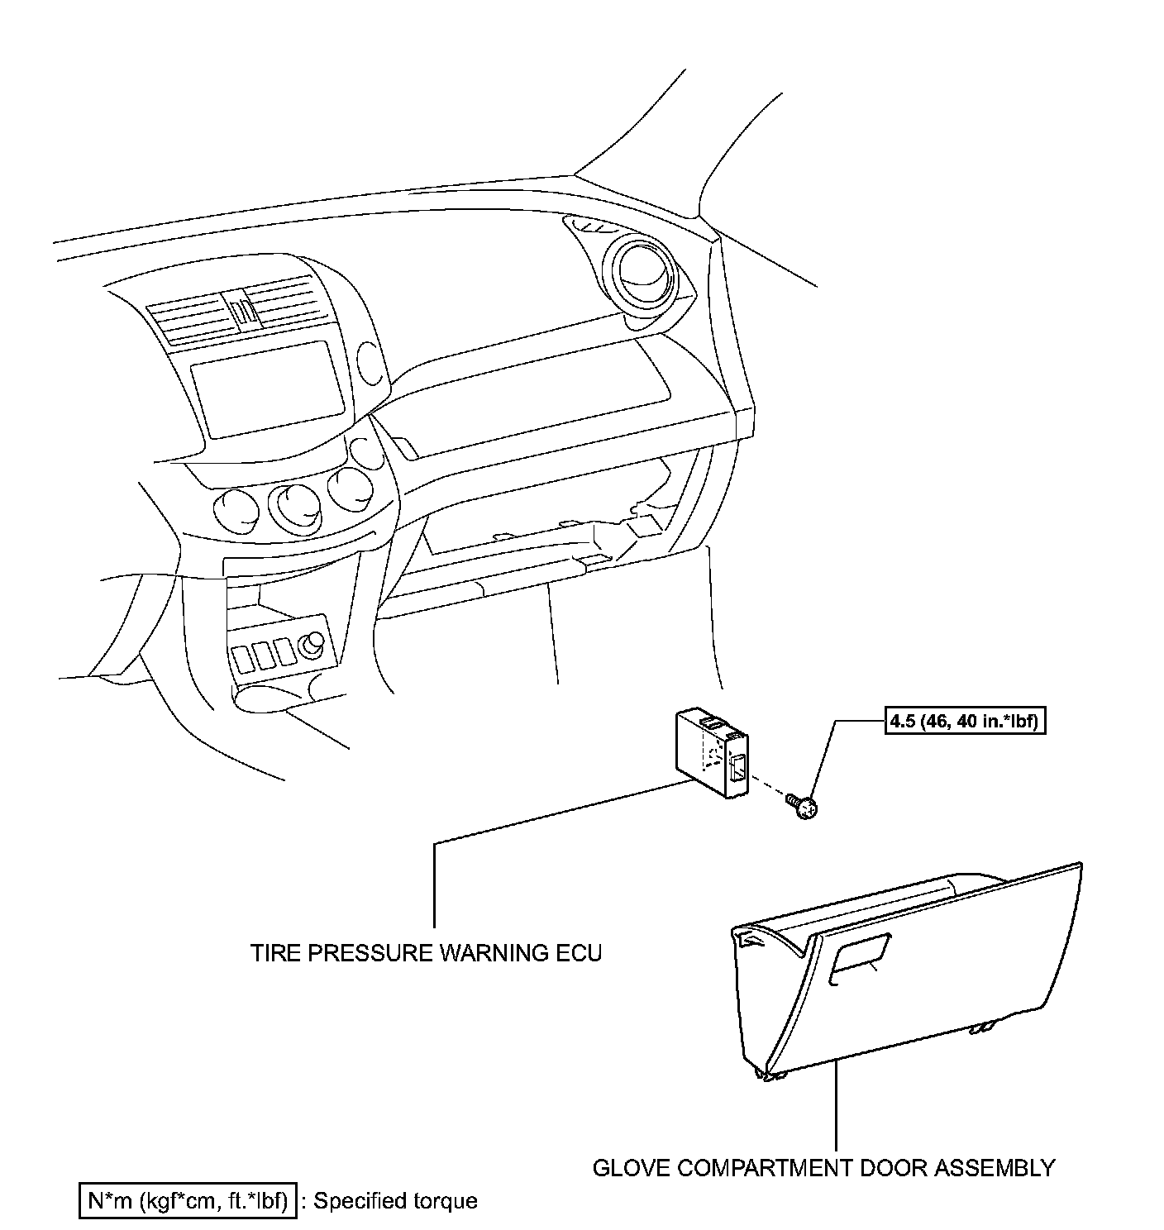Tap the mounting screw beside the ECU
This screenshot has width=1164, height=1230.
tap(803, 806)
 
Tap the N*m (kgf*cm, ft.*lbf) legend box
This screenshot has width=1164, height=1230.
tap(188, 1200)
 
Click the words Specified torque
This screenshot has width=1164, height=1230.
tap(396, 1200)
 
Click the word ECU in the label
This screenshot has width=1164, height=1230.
tap(577, 953)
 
